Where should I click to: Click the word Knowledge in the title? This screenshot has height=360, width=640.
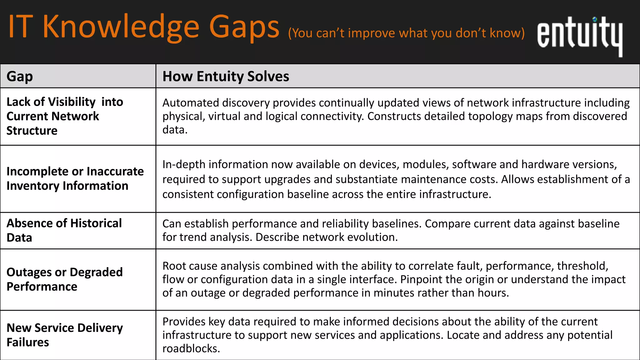(x=121, y=27)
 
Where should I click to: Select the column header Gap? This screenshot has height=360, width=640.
(x=20, y=77)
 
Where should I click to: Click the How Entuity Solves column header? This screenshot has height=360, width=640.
(x=226, y=77)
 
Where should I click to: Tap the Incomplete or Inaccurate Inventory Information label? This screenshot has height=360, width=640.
(x=75, y=178)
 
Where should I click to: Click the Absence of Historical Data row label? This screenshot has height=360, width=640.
(x=64, y=230)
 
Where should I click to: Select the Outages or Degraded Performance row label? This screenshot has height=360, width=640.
(x=64, y=279)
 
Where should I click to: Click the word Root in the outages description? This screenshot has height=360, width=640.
(x=174, y=266)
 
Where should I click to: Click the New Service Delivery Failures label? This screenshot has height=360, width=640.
(x=64, y=335)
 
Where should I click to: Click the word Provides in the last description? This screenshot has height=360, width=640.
(x=184, y=322)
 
